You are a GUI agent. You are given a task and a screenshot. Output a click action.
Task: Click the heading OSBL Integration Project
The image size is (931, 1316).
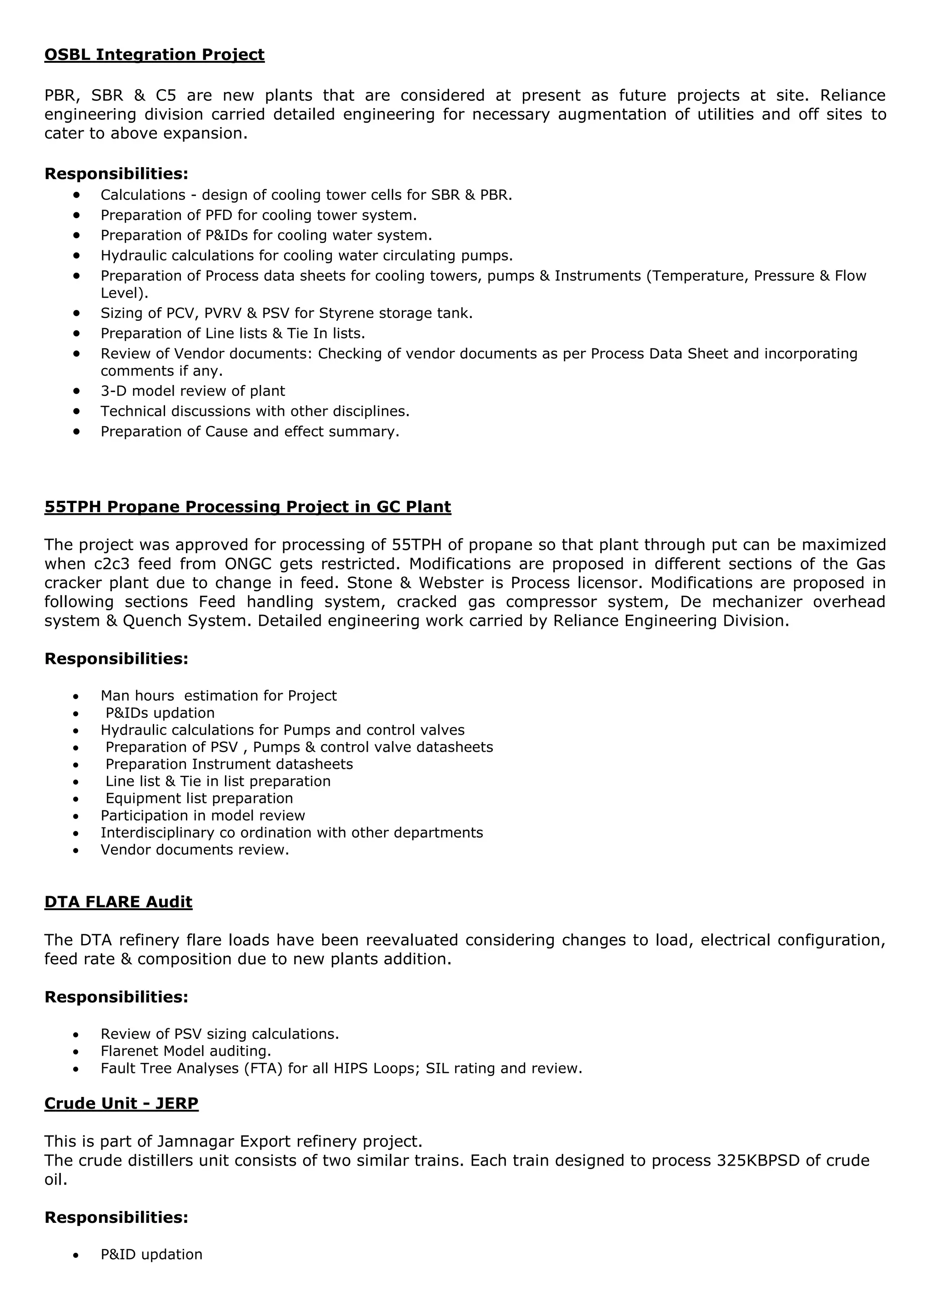(154, 55)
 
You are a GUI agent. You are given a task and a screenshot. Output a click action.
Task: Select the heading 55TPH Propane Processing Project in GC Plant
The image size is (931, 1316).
(248, 507)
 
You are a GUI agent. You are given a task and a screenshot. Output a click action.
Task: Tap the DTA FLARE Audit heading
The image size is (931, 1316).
(118, 902)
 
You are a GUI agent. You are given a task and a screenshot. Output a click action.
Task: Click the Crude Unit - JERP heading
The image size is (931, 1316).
(121, 1103)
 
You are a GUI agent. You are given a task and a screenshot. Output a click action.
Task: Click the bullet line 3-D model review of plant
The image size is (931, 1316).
(193, 391)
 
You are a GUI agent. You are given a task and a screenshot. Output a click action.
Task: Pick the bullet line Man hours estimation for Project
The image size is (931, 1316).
(218, 696)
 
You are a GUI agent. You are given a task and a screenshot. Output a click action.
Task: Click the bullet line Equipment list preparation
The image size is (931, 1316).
(199, 798)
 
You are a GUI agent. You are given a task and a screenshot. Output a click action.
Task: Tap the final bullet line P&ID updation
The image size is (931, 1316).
(151, 1255)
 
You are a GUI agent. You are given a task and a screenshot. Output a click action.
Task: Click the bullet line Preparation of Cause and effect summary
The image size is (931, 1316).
(250, 432)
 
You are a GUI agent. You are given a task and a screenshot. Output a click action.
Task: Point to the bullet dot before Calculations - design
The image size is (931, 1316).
(76, 195)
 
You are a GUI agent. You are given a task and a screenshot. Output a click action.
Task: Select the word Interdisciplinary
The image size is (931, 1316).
(158, 833)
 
